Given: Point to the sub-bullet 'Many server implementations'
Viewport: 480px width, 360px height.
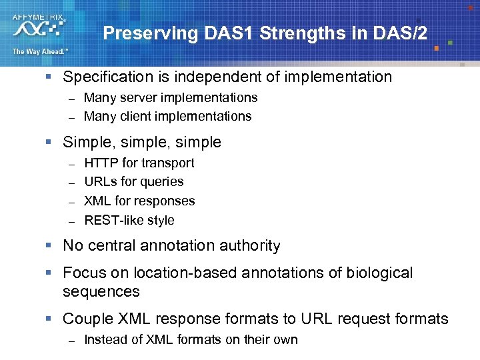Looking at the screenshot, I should click(x=171, y=97).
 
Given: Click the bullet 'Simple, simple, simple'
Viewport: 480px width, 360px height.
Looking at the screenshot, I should click(x=141, y=142).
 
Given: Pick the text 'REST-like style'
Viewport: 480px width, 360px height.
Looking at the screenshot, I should click(x=129, y=220).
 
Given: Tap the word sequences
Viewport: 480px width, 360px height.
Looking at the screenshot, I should click(x=101, y=291).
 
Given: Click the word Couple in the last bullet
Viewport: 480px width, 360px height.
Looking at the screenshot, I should click(x=87, y=319).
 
